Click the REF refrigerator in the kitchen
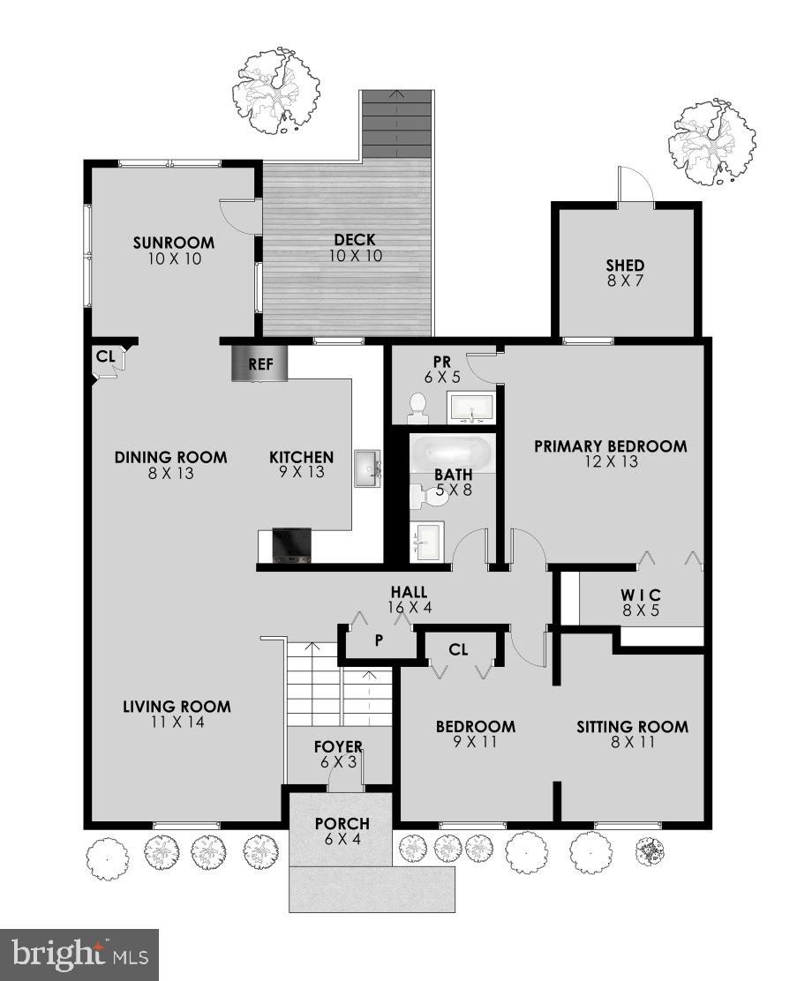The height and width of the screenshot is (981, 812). pyautogui.click(x=259, y=363)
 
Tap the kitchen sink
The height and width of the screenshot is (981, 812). pyautogui.click(x=367, y=468)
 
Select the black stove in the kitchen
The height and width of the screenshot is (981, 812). pyautogui.click(x=291, y=544)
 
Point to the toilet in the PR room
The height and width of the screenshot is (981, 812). pyautogui.click(x=417, y=406)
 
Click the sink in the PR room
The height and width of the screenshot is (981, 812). pyautogui.click(x=472, y=408)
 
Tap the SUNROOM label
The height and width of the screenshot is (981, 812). pyautogui.click(x=174, y=243)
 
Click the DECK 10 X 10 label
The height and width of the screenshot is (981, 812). pyautogui.click(x=356, y=247)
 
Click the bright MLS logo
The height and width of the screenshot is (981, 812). pyautogui.click(x=79, y=953)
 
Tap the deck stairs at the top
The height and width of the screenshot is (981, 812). pyautogui.click(x=395, y=124)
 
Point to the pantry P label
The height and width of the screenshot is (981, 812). pyautogui.click(x=379, y=640)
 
